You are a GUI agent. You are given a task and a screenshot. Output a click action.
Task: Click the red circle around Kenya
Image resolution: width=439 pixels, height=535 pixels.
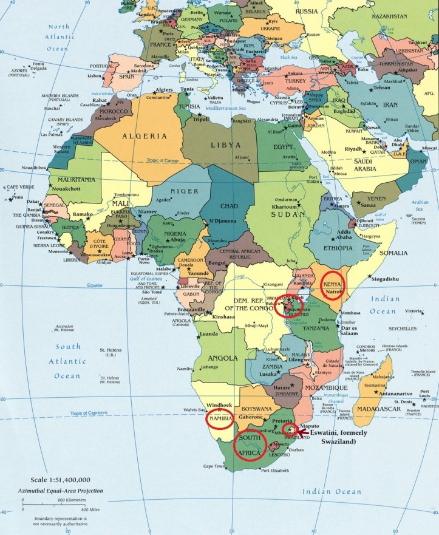332,285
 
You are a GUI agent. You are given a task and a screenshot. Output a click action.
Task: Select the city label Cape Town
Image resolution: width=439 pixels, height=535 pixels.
214,483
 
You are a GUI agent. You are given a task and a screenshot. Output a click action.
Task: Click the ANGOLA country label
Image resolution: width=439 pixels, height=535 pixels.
222,358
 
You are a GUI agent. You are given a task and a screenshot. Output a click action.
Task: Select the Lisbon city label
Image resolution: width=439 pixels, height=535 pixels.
77,76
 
